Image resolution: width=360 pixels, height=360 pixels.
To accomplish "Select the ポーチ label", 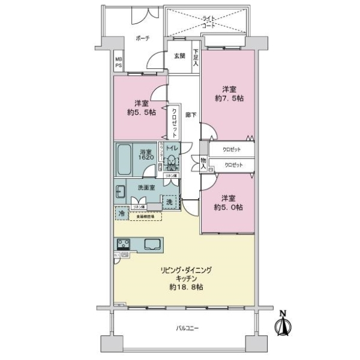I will coord(142,38).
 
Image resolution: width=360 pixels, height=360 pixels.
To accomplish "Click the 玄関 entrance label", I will coord(179,56).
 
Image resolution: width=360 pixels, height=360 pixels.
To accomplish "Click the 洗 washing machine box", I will coord(170,203).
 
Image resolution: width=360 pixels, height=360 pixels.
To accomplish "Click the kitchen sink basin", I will coord(151,244).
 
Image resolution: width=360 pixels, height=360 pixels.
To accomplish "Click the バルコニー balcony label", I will coord(187,328).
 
